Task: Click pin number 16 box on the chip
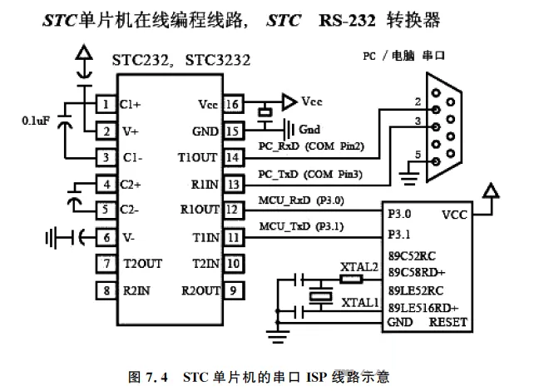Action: (234, 105)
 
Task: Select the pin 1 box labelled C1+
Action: (106, 105)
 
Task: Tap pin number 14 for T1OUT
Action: (234, 157)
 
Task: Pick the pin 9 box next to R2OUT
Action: (234, 290)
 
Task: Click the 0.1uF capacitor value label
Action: (36, 121)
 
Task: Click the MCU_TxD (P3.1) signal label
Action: (301, 225)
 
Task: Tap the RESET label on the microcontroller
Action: (448, 323)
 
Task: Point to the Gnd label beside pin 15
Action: (309, 131)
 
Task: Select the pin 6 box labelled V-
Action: (106, 237)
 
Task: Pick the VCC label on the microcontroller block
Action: (455, 214)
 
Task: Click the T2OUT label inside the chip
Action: (143, 264)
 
